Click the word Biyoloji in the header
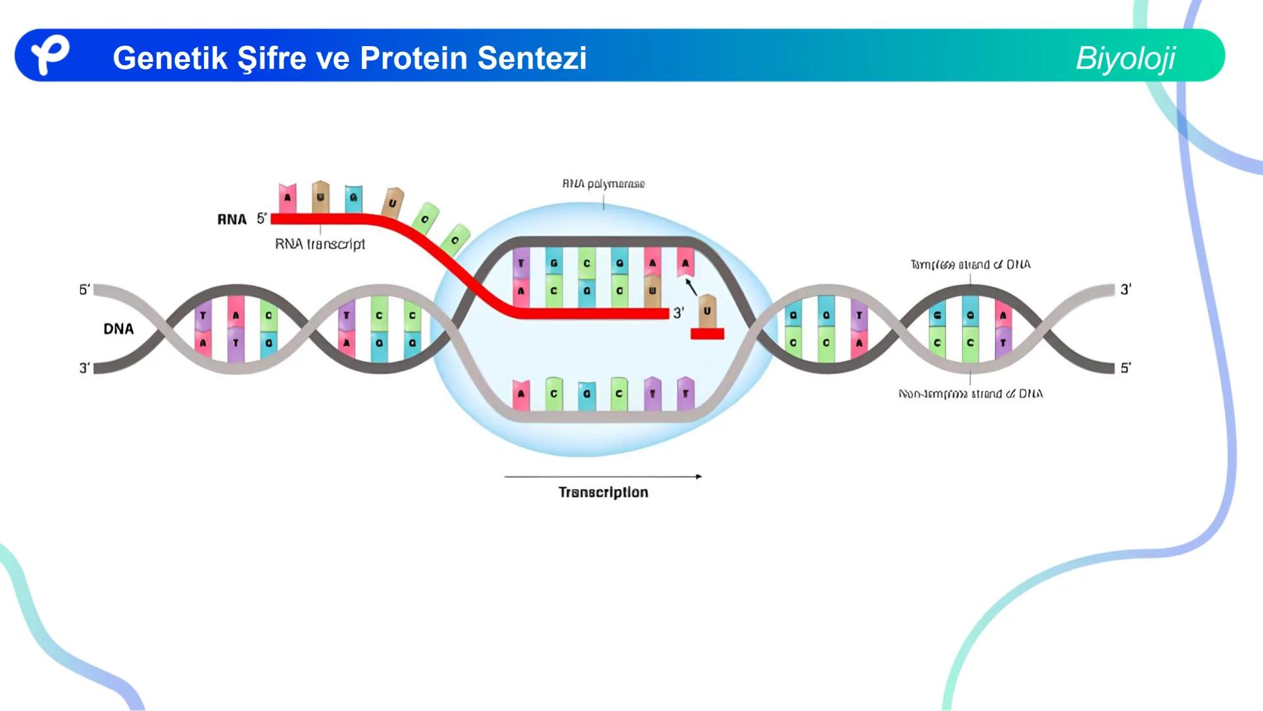click(1125, 58)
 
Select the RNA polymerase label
click(603, 184)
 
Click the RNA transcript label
click(320, 244)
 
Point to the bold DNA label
click(118, 329)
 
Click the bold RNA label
click(232, 219)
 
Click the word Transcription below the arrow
click(603, 492)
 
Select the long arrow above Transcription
click(603, 476)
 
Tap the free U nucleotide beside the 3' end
click(707, 310)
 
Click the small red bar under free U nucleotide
click(707, 334)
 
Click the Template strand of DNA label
click(970, 265)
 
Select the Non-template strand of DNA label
click(970, 394)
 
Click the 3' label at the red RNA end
click(678, 313)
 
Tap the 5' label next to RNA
click(262, 219)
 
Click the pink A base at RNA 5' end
click(287, 198)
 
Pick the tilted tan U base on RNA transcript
click(392, 203)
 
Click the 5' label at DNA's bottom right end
click(1126, 368)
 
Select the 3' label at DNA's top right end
click(1126, 289)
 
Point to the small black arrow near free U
click(691, 287)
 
